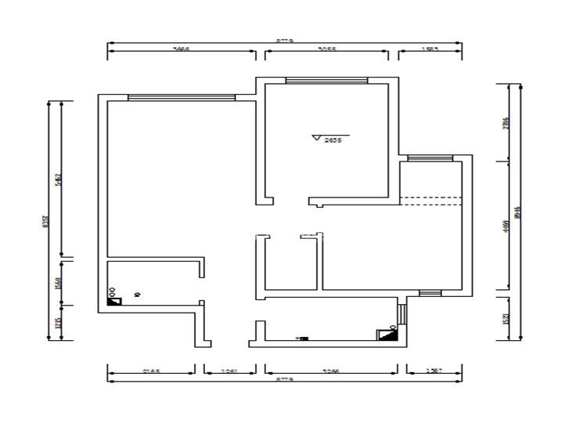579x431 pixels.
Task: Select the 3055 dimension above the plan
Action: [327, 49]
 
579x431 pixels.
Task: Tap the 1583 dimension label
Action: [430, 49]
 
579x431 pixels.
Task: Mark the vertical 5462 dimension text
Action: [58, 179]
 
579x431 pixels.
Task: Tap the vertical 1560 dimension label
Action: [58, 283]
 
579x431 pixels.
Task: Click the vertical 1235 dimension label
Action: [58, 324]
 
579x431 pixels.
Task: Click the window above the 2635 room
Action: [325, 80]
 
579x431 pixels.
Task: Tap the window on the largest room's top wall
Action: [181, 97]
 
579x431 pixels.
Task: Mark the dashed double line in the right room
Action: [430, 200]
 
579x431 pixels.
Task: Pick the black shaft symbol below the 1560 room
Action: [114, 300]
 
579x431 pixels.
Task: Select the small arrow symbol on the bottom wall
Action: [302, 339]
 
